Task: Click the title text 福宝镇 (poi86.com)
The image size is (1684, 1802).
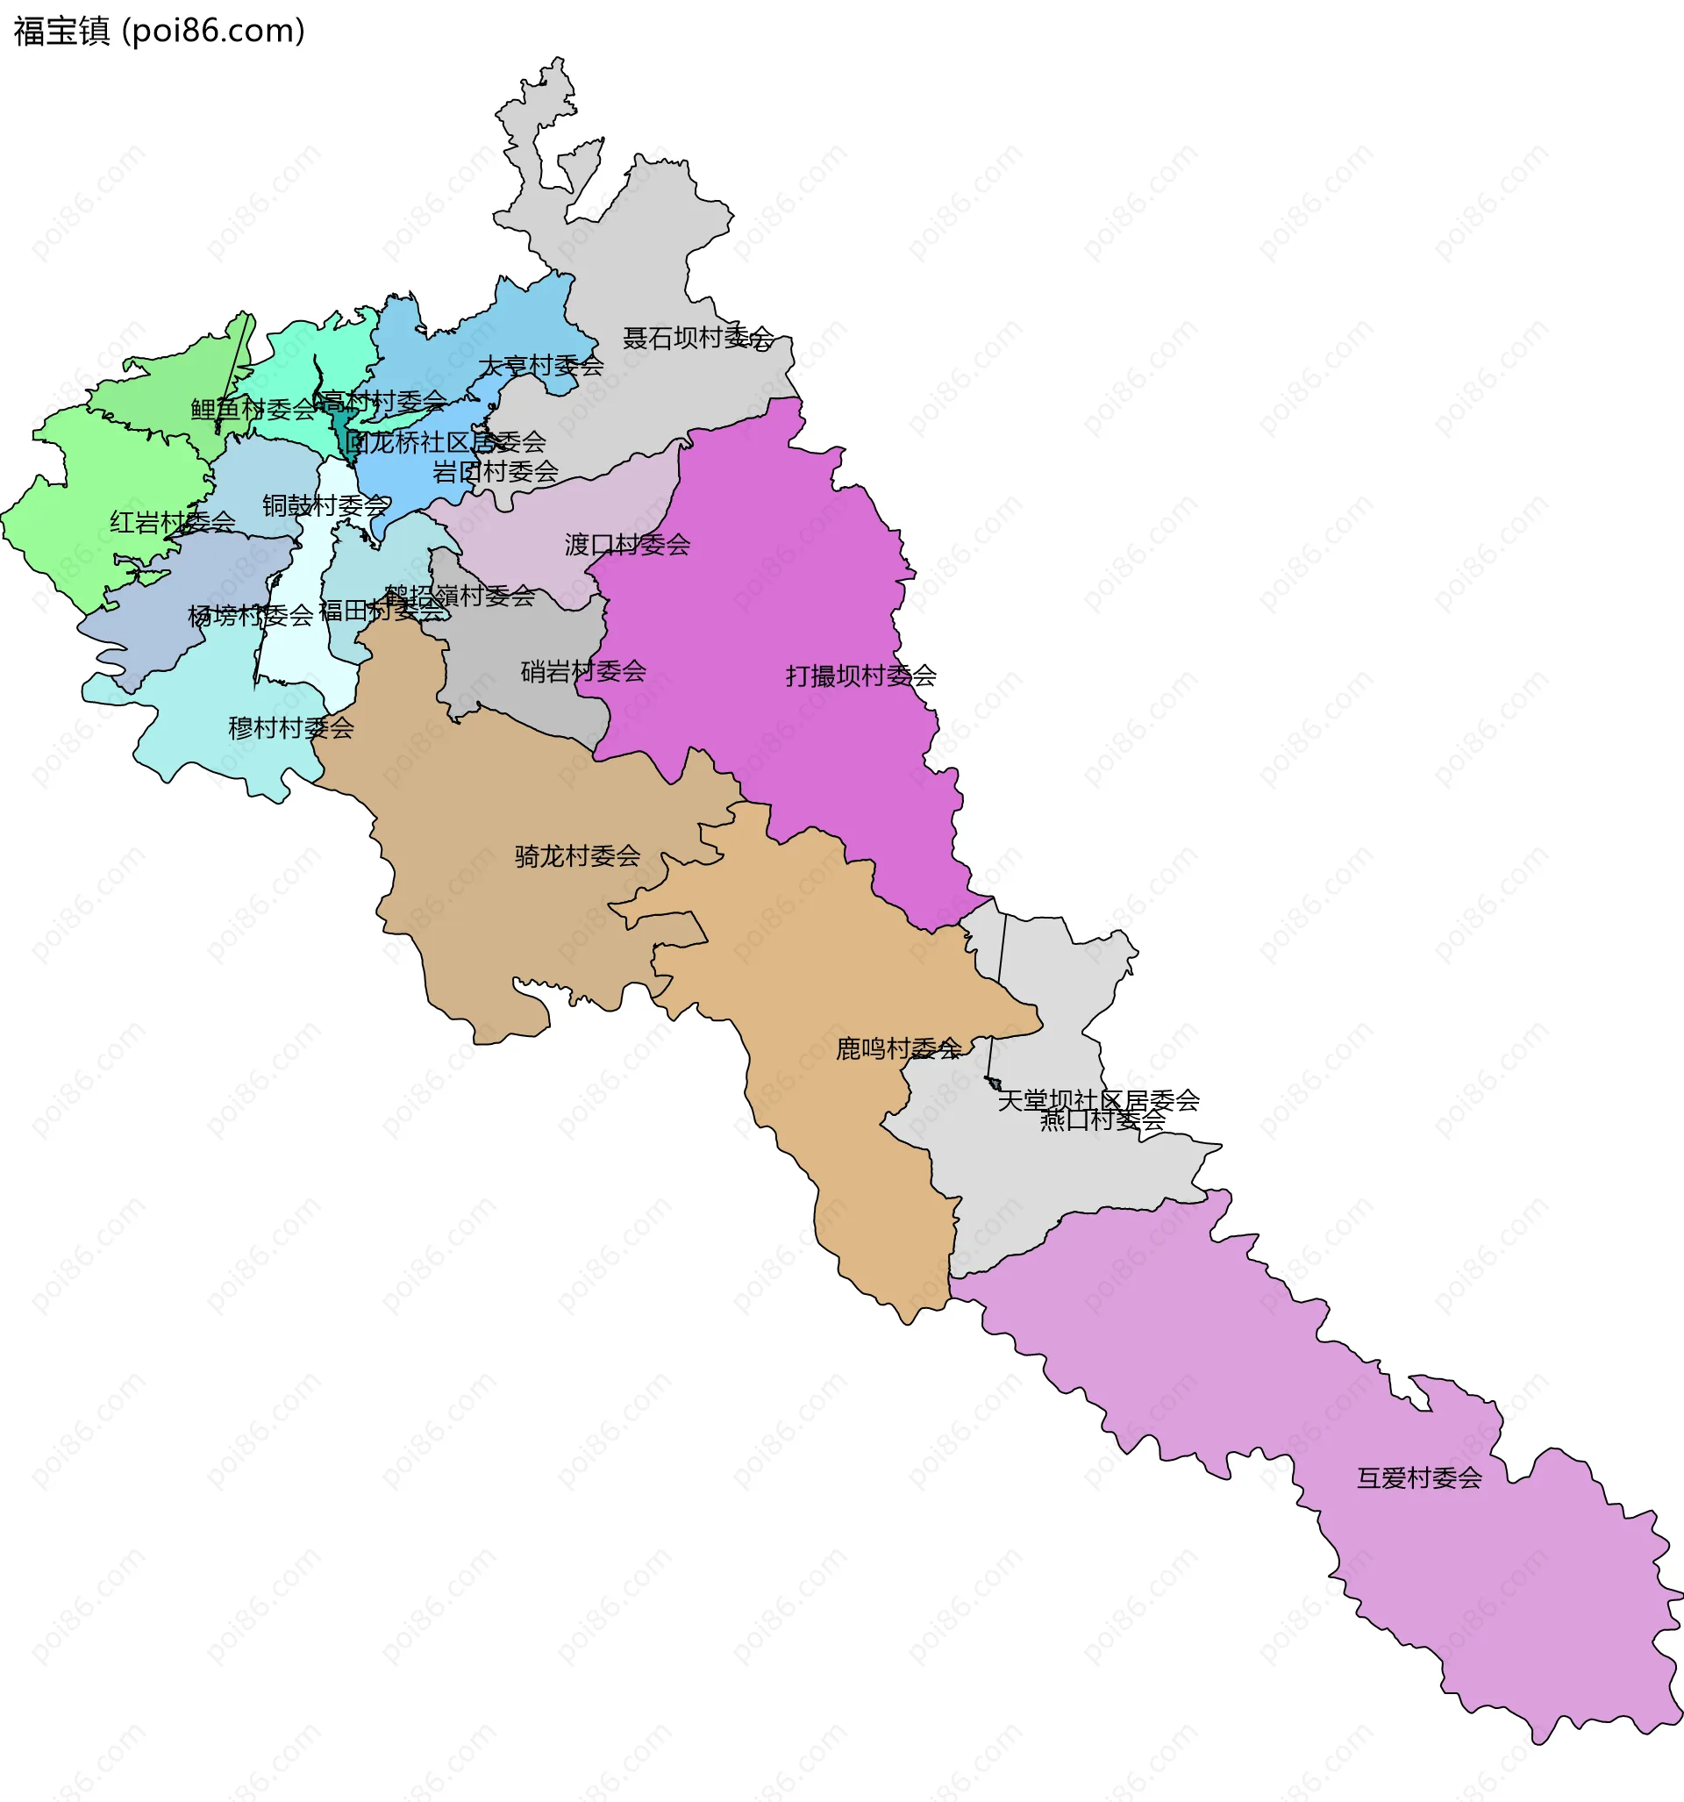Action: click(160, 31)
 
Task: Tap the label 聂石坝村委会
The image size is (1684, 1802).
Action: click(697, 338)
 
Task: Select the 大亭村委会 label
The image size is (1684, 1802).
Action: click(541, 365)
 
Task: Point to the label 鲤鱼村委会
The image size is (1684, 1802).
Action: click(253, 409)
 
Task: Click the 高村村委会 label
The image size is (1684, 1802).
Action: click(384, 401)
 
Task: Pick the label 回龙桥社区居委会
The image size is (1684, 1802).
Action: click(445, 441)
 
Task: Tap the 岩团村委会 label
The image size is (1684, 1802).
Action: click(495, 471)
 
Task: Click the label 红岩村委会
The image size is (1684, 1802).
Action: click(172, 521)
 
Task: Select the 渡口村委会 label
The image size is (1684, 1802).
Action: click(627, 544)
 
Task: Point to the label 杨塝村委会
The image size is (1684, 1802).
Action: click(250, 616)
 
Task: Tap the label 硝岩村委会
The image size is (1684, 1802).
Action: click(582, 671)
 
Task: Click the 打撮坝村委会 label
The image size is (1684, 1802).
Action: click(860, 676)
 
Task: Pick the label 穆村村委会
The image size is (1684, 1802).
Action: click(291, 727)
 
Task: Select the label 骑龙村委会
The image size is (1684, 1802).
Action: click(577, 855)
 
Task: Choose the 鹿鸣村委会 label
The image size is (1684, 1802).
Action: click(898, 1048)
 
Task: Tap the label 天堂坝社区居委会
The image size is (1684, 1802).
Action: click(1098, 1099)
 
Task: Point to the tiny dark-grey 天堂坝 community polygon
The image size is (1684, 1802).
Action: click(994, 1083)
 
